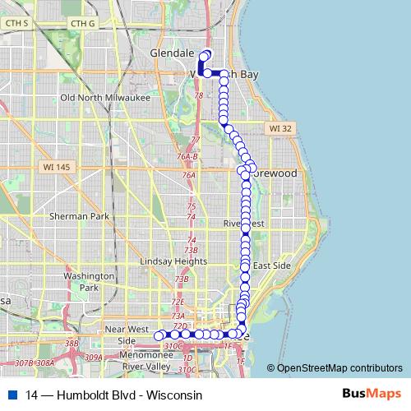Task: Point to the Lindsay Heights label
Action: pos(162,261)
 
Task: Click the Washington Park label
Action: pos(90,282)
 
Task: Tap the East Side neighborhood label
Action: pos(272,266)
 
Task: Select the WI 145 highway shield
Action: pos(52,167)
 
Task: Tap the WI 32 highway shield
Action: pos(280,129)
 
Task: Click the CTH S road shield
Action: pos(16,23)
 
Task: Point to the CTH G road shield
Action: pos(83,23)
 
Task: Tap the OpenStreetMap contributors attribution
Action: pos(339,368)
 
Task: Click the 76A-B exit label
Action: pos(189,156)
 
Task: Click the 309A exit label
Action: pos(93,358)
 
